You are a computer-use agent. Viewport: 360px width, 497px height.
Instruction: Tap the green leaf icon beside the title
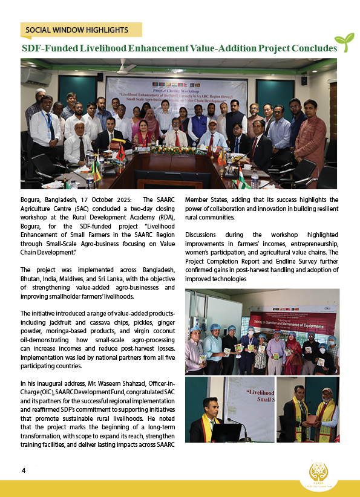[x=344, y=42]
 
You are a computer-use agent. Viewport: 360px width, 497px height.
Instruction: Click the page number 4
[x=24, y=470]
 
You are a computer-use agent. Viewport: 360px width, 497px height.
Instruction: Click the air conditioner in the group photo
[x=36, y=77]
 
